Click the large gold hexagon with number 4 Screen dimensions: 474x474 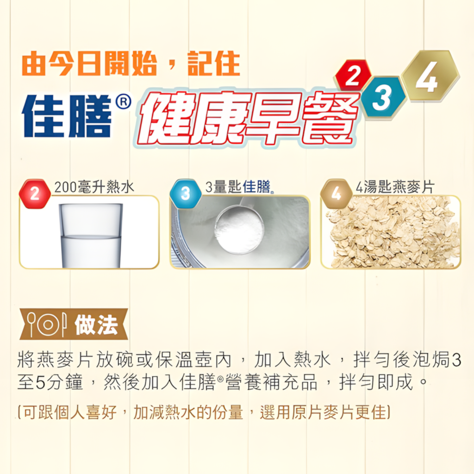(430, 75)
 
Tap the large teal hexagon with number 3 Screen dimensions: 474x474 (383, 98)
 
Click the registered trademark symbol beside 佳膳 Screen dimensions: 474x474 (123, 102)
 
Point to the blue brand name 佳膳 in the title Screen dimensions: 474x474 (67, 116)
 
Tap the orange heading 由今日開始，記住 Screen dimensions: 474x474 (131, 63)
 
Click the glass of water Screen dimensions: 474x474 (91, 235)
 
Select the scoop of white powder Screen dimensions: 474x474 (239, 230)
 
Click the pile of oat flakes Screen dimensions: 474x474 (391, 232)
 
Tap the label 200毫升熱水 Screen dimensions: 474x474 (94, 187)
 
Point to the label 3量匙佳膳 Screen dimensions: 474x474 (239, 187)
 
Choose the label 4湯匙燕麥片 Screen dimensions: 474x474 (395, 187)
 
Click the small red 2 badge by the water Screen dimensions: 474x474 (35, 194)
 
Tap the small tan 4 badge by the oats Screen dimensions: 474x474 (336, 194)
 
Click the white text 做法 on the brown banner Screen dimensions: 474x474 (96, 324)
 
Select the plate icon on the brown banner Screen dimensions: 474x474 (48, 324)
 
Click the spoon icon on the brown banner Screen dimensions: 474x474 (31, 324)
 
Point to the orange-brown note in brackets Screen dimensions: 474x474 (204, 412)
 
